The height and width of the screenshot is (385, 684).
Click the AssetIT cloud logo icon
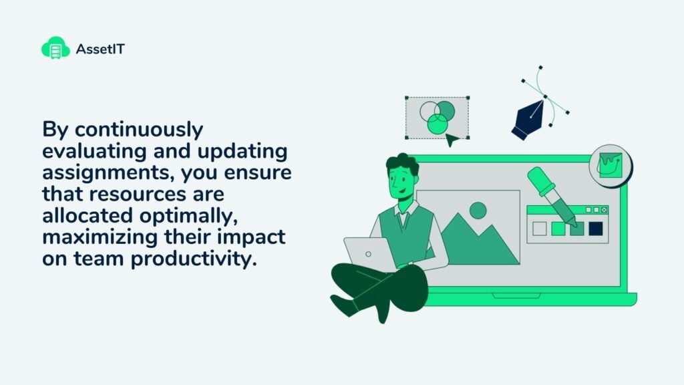(55, 47)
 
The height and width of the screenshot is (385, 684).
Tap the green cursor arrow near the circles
(452, 140)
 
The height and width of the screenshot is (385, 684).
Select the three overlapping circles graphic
(437, 116)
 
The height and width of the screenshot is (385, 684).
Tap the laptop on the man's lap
(369, 254)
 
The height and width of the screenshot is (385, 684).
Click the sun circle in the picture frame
(478, 211)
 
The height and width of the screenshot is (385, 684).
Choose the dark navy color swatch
(595, 229)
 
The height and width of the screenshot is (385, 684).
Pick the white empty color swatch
(540, 229)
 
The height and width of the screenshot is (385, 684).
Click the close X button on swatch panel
(604, 209)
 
